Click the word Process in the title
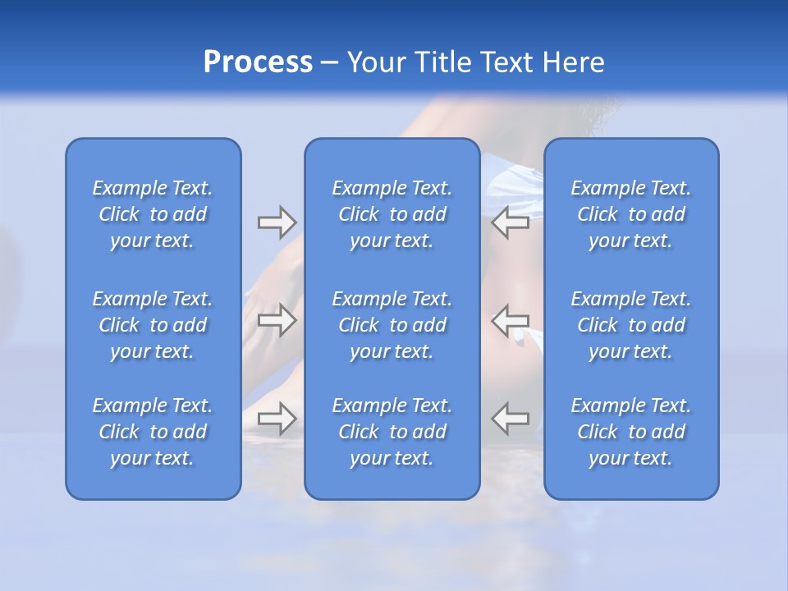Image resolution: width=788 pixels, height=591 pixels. [x=258, y=62]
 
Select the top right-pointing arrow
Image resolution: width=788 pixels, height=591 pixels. [x=277, y=222]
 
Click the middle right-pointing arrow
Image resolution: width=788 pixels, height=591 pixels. [x=277, y=319]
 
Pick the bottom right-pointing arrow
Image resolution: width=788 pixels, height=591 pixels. [x=277, y=418]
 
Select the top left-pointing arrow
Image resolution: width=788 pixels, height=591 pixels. [x=511, y=222]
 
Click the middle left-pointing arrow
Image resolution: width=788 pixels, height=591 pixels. [x=511, y=319]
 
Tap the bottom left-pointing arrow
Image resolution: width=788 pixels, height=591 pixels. [x=511, y=418]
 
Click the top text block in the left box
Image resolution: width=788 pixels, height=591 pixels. [x=153, y=214]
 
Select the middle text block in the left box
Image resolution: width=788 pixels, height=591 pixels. [x=153, y=325]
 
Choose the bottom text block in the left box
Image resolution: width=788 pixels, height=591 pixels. [x=153, y=432]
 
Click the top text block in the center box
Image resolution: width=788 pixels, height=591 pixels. [x=392, y=214]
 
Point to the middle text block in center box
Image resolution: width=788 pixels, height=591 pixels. [x=392, y=325]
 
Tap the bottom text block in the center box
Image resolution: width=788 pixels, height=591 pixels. [x=392, y=432]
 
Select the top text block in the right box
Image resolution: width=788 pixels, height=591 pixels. [x=630, y=214]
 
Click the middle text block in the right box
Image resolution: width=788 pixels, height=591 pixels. [x=630, y=325]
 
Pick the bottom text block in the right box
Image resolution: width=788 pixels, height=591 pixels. [x=630, y=432]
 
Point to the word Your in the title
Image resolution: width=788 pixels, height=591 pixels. [x=377, y=62]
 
